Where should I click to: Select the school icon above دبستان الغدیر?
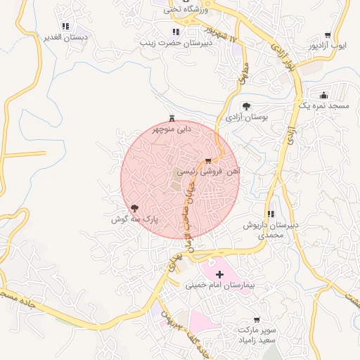click(65, 26)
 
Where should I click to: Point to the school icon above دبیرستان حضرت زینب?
click(175, 32)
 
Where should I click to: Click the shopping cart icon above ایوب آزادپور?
click(328, 35)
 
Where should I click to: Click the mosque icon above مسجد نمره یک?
click(323, 94)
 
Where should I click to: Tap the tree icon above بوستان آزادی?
click(246, 106)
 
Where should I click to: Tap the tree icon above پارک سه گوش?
click(134, 208)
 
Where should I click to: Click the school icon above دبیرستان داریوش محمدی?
click(271, 214)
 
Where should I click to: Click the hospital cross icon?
click(219, 274)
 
